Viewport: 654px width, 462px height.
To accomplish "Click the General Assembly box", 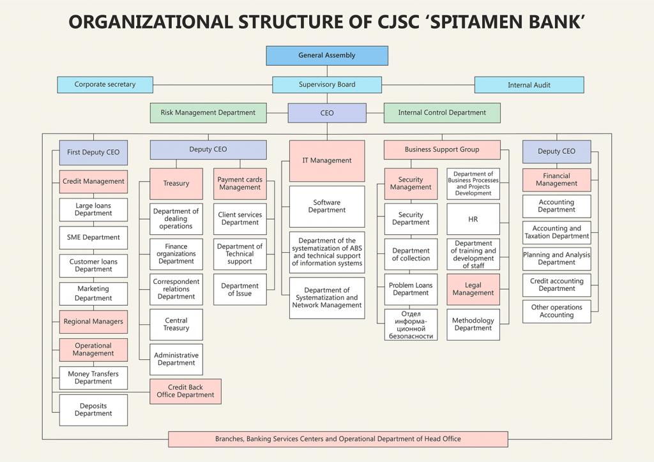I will [x=327, y=56].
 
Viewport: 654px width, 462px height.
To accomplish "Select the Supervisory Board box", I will [x=327, y=85].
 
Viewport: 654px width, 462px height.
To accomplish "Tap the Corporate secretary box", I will [x=105, y=85].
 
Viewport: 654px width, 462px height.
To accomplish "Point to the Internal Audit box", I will [x=529, y=85].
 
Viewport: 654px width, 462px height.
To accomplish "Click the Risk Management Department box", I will [x=208, y=113].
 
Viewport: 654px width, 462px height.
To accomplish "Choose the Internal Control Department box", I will [x=442, y=113].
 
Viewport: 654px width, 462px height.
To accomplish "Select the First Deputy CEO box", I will [x=93, y=153].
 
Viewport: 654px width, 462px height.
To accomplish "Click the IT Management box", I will [x=327, y=161].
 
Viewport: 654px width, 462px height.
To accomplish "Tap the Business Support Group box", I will [x=441, y=150].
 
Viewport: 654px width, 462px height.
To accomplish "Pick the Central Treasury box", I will [x=176, y=325].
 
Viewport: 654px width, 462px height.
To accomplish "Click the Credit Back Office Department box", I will [x=186, y=391].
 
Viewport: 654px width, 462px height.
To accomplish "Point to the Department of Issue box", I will [x=240, y=290].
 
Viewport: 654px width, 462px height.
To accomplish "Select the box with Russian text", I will [x=411, y=325].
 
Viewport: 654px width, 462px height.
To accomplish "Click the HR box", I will [x=473, y=220].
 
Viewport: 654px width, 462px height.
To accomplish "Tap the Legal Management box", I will [x=473, y=290].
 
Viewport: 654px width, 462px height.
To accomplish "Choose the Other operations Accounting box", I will [x=556, y=311].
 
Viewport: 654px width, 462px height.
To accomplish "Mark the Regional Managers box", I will [x=93, y=322].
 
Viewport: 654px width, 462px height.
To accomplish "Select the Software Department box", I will [x=327, y=207].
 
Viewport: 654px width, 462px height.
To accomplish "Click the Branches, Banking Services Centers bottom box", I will [x=338, y=439].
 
